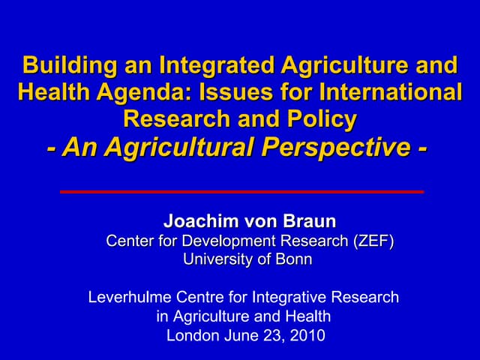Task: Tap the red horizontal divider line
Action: tap(241, 191)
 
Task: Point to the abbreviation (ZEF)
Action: tap(372, 241)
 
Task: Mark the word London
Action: tap(193, 335)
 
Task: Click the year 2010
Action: tap(307, 335)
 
